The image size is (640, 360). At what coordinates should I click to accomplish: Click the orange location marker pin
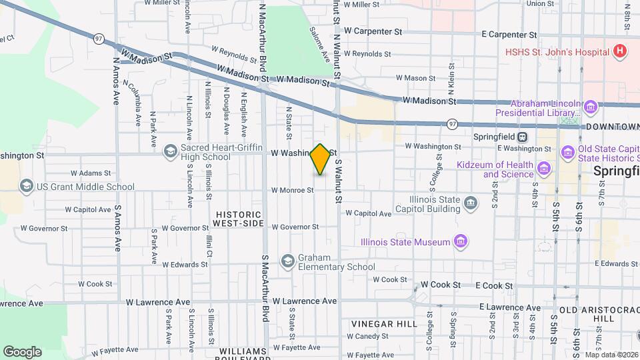click(321, 159)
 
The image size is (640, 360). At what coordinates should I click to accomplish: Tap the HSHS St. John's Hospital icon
click(620, 51)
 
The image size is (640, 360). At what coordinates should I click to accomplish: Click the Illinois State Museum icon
click(461, 241)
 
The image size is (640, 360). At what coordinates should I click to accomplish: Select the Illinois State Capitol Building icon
click(471, 202)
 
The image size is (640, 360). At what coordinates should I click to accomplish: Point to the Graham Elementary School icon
click(288, 261)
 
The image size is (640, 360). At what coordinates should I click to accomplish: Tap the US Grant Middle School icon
click(27, 185)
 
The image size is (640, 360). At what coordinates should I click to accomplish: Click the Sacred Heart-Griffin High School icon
click(170, 151)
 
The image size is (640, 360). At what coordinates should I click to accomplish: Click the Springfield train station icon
click(523, 137)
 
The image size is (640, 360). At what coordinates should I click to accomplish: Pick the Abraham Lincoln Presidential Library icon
click(590, 107)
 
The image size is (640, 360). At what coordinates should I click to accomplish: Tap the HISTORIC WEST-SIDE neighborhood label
click(240, 218)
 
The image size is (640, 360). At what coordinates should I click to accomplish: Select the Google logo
click(22, 351)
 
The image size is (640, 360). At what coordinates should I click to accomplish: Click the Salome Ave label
click(319, 44)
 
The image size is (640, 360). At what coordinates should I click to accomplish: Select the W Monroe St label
click(292, 190)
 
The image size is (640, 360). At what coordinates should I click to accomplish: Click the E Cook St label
click(495, 286)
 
